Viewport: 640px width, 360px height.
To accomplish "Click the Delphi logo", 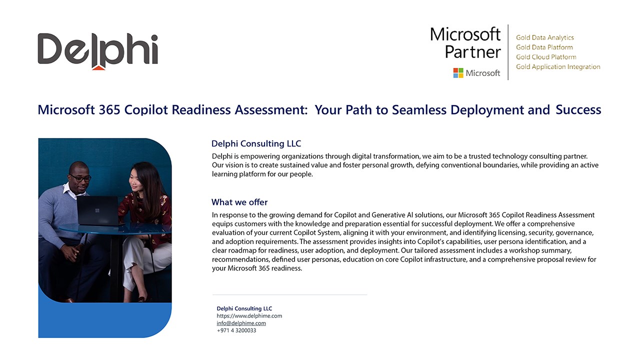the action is coord(97,51).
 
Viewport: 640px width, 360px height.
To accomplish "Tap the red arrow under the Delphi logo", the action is coord(98,67).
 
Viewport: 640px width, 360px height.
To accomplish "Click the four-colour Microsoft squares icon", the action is coord(458,73).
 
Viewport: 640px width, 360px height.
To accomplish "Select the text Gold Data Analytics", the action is coord(545,37).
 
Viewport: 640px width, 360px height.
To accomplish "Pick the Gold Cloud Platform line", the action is coord(546,57).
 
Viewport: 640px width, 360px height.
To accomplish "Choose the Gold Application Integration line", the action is coord(558,66).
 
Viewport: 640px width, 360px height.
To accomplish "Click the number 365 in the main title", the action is coord(109,109).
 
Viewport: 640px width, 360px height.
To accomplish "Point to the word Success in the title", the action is coord(578,109).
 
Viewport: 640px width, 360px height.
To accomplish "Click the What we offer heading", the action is coord(239,202).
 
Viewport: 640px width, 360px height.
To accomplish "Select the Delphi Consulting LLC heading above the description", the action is coord(256,143).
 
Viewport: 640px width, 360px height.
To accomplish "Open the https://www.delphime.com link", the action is coord(249,315).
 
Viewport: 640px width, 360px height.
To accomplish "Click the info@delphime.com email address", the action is coord(241,323).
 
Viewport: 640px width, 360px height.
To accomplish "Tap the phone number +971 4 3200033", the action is coord(236,330).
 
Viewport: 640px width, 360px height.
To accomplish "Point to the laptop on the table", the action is coord(98,211).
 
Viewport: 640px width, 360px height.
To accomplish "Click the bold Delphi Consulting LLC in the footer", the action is coord(244,308).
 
